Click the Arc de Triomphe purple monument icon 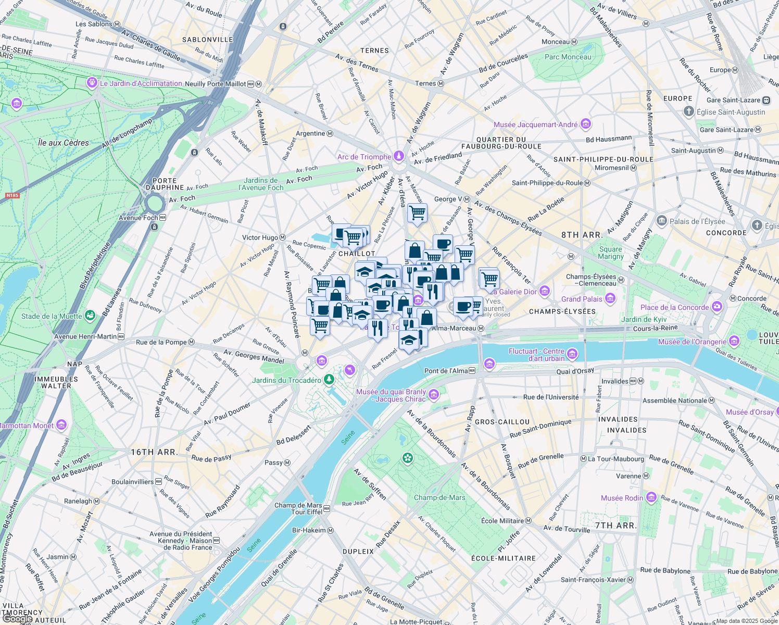point(399,156)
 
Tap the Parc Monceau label point(568,57)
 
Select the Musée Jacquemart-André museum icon point(586,124)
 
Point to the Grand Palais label point(582,299)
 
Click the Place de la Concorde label point(674,307)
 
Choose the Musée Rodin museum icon point(651,497)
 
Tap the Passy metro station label point(274,463)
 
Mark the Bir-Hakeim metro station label point(309,530)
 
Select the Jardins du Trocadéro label point(286,380)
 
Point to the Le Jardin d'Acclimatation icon point(92,82)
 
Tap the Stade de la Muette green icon point(91,316)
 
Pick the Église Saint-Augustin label point(731,112)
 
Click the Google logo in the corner point(17,619)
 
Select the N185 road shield point(12,196)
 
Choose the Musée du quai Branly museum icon point(434,395)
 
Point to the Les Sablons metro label point(94,24)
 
